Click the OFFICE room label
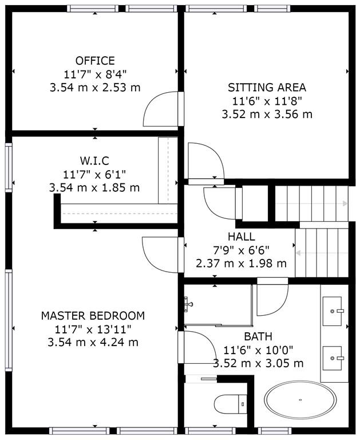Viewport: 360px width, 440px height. (x=95, y=61)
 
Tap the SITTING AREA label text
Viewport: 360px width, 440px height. (x=267, y=88)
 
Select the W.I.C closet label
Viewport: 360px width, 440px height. (x=95, y=160)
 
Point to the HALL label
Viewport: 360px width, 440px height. (x=241, y=237)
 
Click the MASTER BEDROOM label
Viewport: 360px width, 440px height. (x=93, y=316)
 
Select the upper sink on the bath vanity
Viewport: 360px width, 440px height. (x=333, y=311)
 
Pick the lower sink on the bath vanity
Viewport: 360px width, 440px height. (x=333, y=359)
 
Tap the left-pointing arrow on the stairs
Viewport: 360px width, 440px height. (x=298, y=252)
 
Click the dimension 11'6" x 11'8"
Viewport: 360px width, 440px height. (x=267, y=101)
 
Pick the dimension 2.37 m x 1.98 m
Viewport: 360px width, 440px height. (x=241, y=264)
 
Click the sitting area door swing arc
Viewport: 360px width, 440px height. (x=205, y=161)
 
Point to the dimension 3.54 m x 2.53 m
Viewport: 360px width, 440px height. (x=94, y=87)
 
